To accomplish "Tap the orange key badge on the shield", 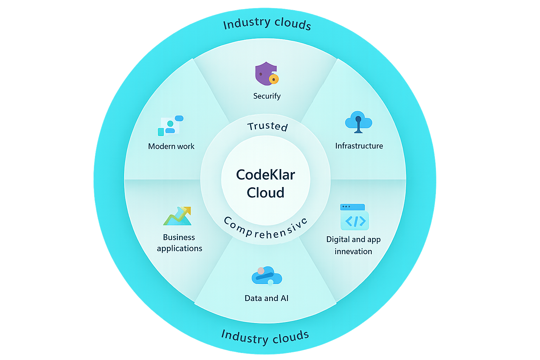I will point(274,79).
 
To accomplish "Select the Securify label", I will point(267,96).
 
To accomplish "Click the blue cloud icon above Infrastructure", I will point(359,122).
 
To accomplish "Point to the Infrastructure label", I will point(359,146).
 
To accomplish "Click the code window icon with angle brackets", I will point(354,217).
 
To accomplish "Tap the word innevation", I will point(353,251).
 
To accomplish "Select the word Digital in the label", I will point(338,239).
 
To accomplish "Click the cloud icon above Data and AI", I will point(267,276).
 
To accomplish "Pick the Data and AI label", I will point(266,298).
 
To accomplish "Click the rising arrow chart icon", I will point(178,216).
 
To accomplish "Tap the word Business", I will point(179,237).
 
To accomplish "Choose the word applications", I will point(179,249).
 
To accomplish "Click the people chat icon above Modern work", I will point(171,126).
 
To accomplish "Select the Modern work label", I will point(171,146).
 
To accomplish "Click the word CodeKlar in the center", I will point(265,175).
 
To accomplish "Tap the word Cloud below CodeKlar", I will point(265,193).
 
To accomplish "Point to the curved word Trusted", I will point(268,126).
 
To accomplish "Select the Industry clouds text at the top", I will point(267,24).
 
